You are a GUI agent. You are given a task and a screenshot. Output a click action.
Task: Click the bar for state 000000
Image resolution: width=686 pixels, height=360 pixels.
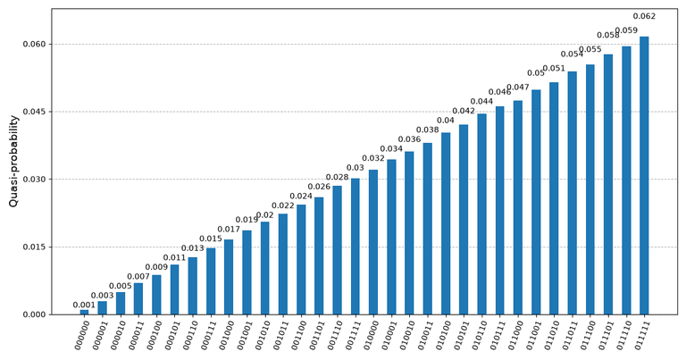click(x=84, y=312)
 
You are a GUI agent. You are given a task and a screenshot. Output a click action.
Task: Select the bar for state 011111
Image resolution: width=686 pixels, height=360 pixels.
click(x=644, y=175)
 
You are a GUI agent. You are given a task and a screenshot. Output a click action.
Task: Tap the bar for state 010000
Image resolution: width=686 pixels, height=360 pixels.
click(x=373, y=242)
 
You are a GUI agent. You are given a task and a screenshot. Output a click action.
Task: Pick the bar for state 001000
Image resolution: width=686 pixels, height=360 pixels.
click(x=229, y=277)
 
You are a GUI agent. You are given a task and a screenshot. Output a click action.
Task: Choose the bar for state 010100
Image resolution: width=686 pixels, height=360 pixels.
click(x=446, y=223)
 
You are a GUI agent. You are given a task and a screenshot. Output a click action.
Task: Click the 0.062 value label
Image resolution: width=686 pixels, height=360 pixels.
click(x=644, y=17)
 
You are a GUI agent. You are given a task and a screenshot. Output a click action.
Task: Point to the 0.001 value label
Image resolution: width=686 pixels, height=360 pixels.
click(x=84, y=305)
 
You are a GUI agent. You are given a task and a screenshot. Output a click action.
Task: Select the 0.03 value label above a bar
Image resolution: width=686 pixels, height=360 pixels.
click(x=356, y=168)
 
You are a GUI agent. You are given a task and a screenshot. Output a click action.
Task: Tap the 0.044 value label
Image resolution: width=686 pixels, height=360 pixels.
click(x=481, y=102)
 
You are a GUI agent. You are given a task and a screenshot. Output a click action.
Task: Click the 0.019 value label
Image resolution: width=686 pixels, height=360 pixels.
click(x=247, y=220)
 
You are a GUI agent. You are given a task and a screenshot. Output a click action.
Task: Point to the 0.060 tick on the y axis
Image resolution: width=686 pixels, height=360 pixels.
click(x=34, y=44)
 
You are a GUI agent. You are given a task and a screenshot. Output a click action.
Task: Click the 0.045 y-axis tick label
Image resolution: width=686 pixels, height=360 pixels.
click(x=34, y=112)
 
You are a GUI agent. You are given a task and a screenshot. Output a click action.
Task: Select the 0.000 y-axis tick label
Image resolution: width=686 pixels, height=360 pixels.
click(x=34, y=314)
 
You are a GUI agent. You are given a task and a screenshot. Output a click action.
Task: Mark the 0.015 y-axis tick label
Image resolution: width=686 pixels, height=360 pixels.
click(x=34, y=247)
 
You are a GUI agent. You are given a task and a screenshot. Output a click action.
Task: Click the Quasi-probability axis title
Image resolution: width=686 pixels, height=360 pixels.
click(x=13, y=161)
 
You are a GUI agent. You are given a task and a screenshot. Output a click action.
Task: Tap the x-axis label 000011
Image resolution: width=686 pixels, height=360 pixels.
click(x=135, y=335)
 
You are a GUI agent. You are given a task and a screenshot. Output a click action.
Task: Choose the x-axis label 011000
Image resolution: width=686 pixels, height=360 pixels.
click(x=514, y=335)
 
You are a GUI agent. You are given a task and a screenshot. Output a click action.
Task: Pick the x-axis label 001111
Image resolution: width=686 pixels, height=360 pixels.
click(x=352, y=335)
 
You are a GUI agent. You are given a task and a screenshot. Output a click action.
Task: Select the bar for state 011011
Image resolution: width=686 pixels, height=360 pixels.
click(x=572, y=193)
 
